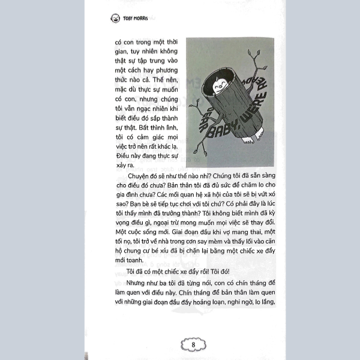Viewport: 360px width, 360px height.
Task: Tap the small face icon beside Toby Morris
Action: point(115,18)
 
